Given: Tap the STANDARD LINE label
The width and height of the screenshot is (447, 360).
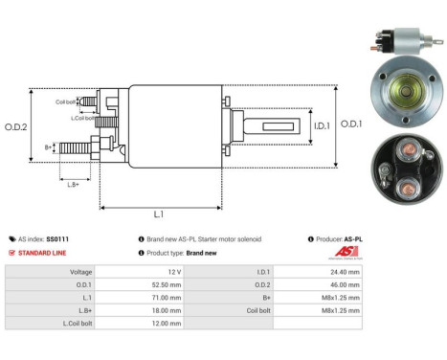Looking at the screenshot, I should [x=41, y=253].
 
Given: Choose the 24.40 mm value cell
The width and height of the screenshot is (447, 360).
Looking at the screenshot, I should [x=342, y=272].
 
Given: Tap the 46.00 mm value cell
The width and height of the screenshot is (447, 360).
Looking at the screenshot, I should [x=342, y=284].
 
